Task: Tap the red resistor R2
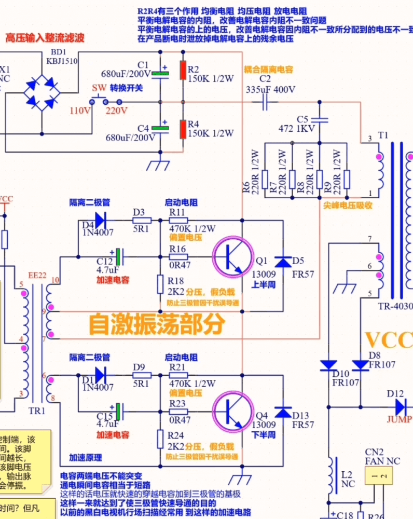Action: point(183,70)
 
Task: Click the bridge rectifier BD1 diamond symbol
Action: point(43,91)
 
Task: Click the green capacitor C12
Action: point(119,256)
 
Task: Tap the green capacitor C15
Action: point(119,411)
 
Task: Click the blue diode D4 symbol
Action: point(100,220)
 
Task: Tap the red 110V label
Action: point(80,110)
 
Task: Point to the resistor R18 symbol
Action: point(160,283)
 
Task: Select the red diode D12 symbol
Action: point(400,406)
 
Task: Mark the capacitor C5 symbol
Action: point(320,120)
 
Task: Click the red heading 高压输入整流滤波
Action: point(45,38)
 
